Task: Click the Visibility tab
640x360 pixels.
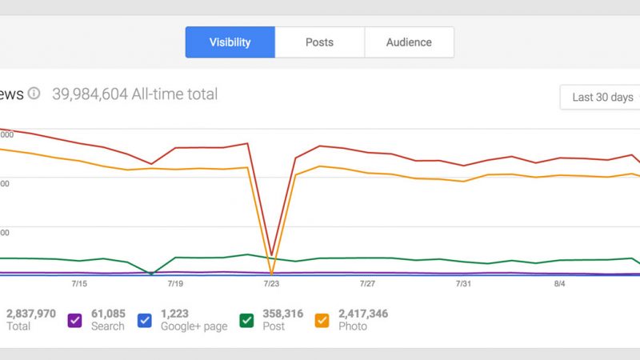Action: [230, 42]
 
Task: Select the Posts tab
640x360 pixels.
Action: [319, 42]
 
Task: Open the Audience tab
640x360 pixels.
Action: [409, 42]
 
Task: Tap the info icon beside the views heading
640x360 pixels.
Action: [34, 94]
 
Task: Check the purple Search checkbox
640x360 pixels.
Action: [75, 320]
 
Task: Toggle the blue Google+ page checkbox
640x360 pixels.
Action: [145, 320]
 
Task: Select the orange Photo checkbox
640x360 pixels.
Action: [322, 320]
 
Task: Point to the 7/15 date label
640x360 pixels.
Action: [79, 284]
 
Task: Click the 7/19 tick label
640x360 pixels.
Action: [175, 284]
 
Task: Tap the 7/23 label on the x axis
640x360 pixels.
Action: [271, 284]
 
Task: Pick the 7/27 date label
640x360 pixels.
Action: [367, 284]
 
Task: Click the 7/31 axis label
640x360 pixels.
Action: [463, 284]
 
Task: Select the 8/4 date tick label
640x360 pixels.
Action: [560, 284]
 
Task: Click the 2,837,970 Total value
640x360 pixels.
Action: [30, 314]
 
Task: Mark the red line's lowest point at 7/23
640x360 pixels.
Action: [272, 254]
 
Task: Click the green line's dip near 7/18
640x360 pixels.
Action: [151, 274]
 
